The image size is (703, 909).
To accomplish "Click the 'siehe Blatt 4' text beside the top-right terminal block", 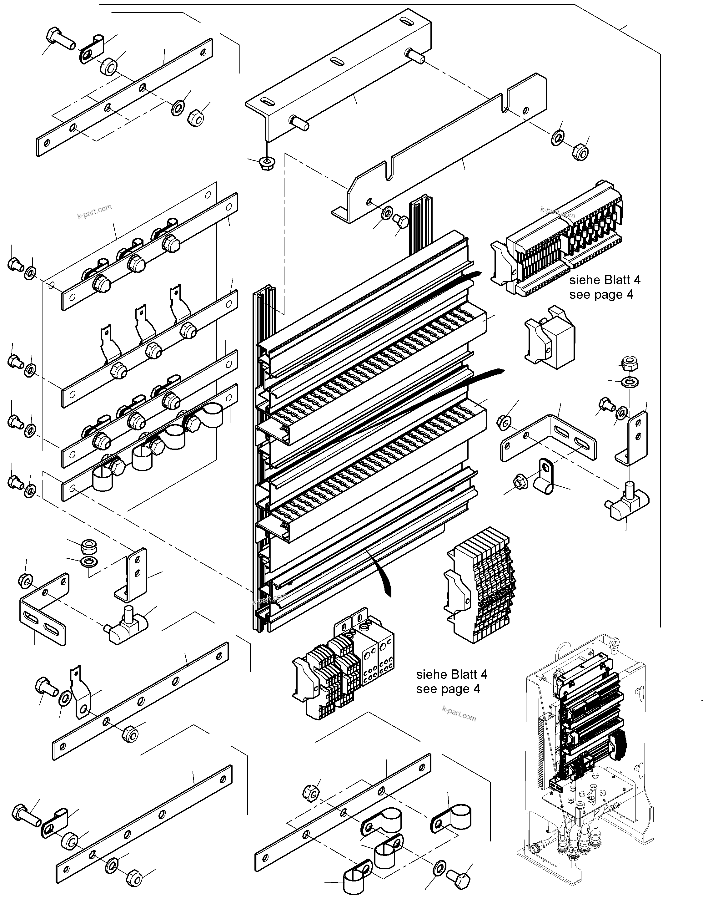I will click(x=605, y=280).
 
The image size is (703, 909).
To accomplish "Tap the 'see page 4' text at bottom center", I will click(x=448, y=689).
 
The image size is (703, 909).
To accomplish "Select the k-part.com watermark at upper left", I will click(x=94, y=211).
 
